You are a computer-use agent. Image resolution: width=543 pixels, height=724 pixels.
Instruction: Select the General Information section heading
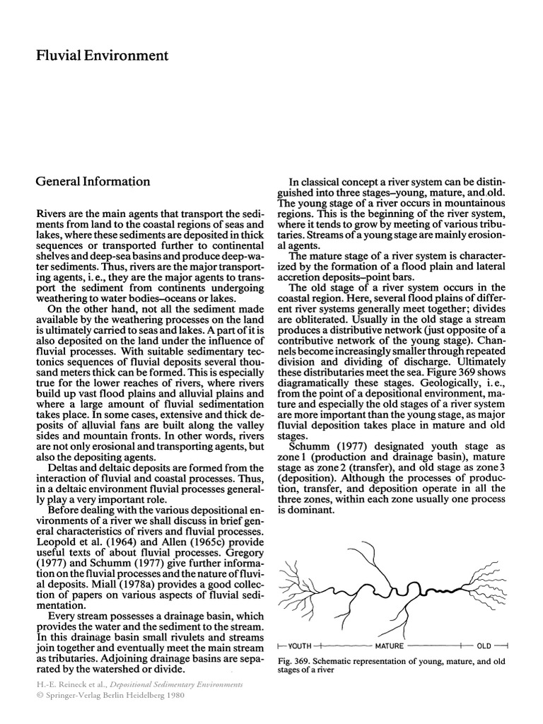tap(93, 181)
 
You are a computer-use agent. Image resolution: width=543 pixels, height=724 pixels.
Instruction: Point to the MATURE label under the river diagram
tap(390, 646)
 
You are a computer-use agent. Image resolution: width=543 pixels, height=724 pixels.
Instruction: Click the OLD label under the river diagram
tap(484, 646)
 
